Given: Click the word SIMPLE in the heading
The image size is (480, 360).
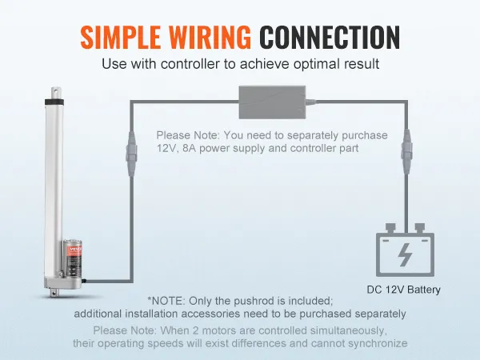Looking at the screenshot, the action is tap(121, 37).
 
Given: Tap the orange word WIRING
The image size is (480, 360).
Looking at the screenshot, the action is tap(210, 37).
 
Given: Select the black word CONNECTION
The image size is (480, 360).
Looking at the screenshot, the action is tap(330, 37).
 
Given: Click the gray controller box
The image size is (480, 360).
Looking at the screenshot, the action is tap(272, 102).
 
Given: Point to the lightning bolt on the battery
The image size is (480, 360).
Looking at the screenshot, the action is tap(405, 254).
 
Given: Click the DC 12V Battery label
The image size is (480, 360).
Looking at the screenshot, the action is tap(403, 290).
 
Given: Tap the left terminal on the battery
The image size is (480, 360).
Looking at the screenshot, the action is tap(390, 228).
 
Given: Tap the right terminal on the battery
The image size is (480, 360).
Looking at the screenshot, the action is tap(420, 228).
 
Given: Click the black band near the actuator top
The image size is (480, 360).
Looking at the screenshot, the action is tap(55, 102).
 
